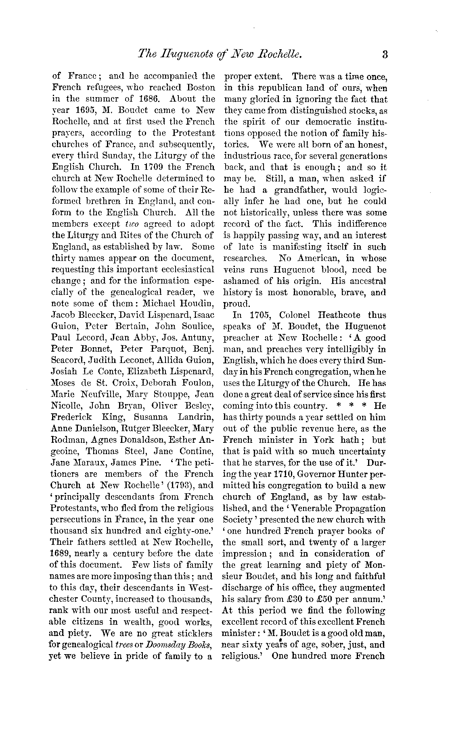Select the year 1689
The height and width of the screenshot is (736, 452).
coord(61,553)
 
